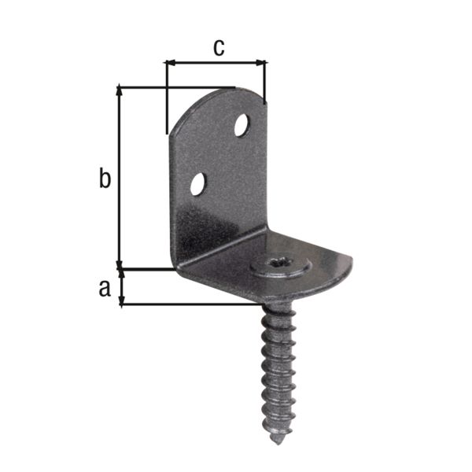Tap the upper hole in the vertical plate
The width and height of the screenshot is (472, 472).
click(242, 124)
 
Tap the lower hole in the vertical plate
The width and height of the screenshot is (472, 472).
click(197, 185)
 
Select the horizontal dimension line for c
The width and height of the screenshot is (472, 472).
click(216, 62)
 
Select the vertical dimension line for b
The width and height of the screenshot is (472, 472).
click(120, 177)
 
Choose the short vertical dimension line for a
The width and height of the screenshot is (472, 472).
click(120, 287)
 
